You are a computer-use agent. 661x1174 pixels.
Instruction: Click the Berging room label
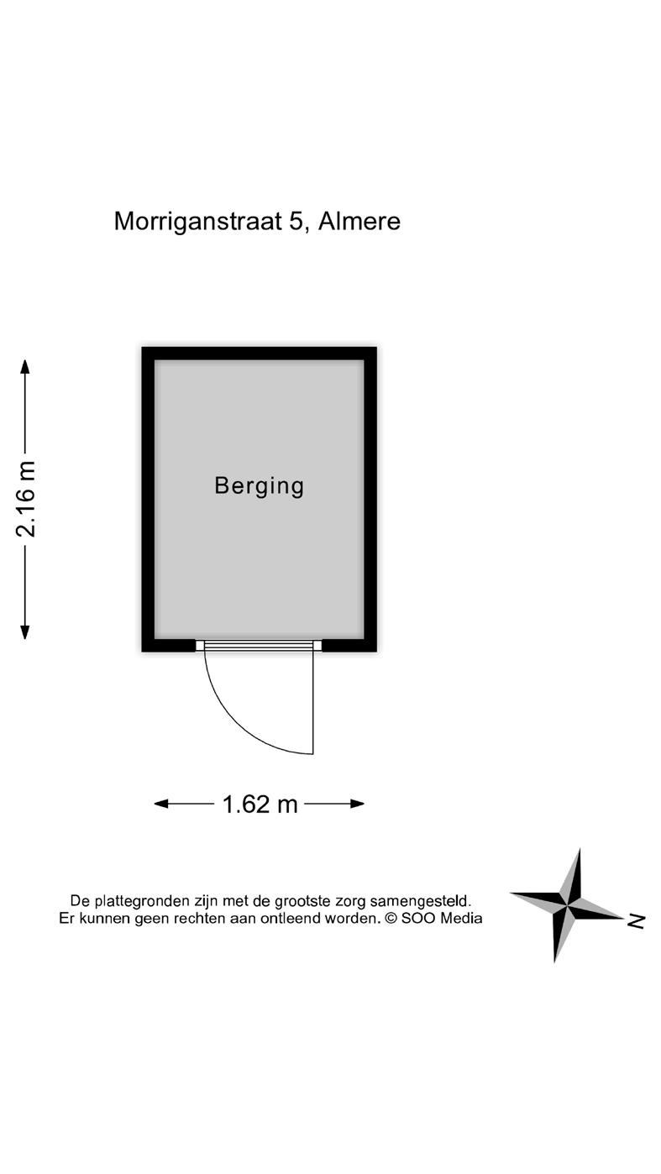(259, 486)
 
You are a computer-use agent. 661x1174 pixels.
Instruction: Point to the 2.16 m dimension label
(26, 499)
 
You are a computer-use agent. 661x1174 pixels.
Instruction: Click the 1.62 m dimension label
(260, 805)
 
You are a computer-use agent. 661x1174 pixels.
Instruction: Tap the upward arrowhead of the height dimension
(25, 367)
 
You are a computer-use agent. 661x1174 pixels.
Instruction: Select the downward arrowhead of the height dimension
(25, 632)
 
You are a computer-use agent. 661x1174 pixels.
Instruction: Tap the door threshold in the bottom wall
(259, 645)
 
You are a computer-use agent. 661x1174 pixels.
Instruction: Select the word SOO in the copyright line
(417, 919)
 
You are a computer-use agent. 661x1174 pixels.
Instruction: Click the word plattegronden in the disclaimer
(138, 901)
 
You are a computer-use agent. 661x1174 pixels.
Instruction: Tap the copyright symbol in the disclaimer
(391, 919)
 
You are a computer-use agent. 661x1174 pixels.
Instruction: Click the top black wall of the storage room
(259, 353)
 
